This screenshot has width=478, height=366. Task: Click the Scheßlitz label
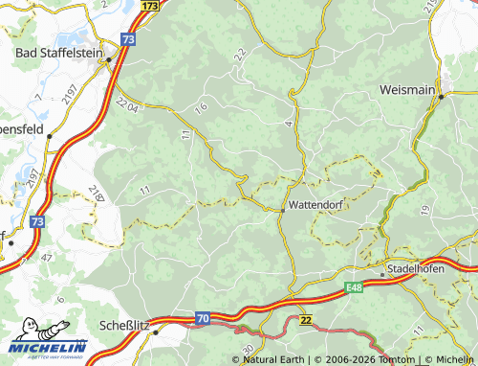pyautogui.click(x=124, y=326)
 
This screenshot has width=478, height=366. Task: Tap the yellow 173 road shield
pyautogui.click(x=148, y=6)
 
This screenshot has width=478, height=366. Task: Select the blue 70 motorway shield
pyautogui.click(x=203, y=317)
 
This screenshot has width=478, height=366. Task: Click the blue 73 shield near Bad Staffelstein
pyautogui.click(x=128, y=39)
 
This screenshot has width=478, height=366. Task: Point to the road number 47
pyautogui.click(x=48, y=258)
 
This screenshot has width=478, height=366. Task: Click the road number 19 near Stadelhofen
pyautogui.click(x=423, y=209)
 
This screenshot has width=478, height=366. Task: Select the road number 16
pyautogui.click(x=200, y=109)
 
